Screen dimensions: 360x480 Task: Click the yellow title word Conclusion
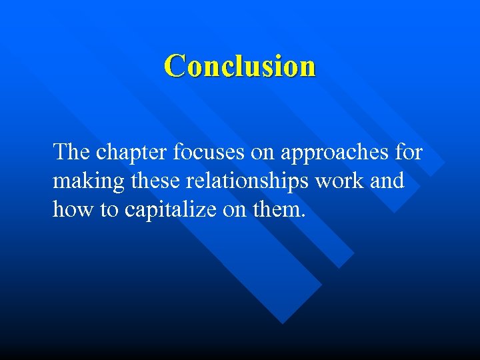[240, 66]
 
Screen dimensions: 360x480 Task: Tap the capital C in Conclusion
[175, 66]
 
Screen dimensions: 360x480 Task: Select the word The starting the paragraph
[72, 152]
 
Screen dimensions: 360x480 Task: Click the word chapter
[132, 153]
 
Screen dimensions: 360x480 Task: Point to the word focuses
[209, 152]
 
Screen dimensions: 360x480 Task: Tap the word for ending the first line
[408, 152]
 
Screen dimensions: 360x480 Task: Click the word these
[157, 181]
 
